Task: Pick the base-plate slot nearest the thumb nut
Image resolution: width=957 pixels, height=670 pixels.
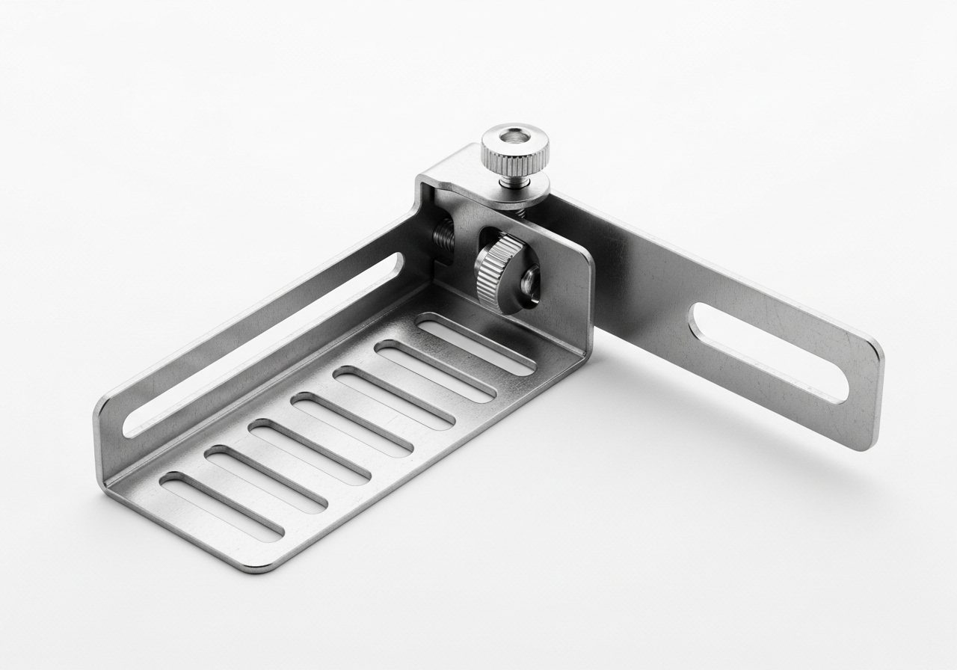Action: [x=476, y=345]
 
